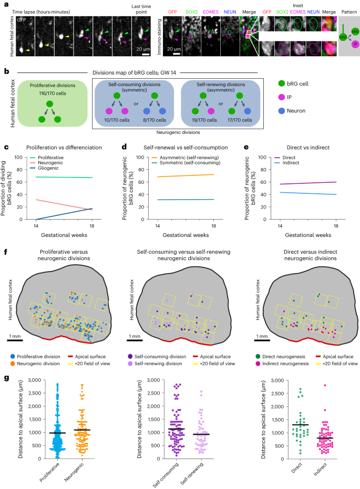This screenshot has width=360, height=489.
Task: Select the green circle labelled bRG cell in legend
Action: pos(281,83)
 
